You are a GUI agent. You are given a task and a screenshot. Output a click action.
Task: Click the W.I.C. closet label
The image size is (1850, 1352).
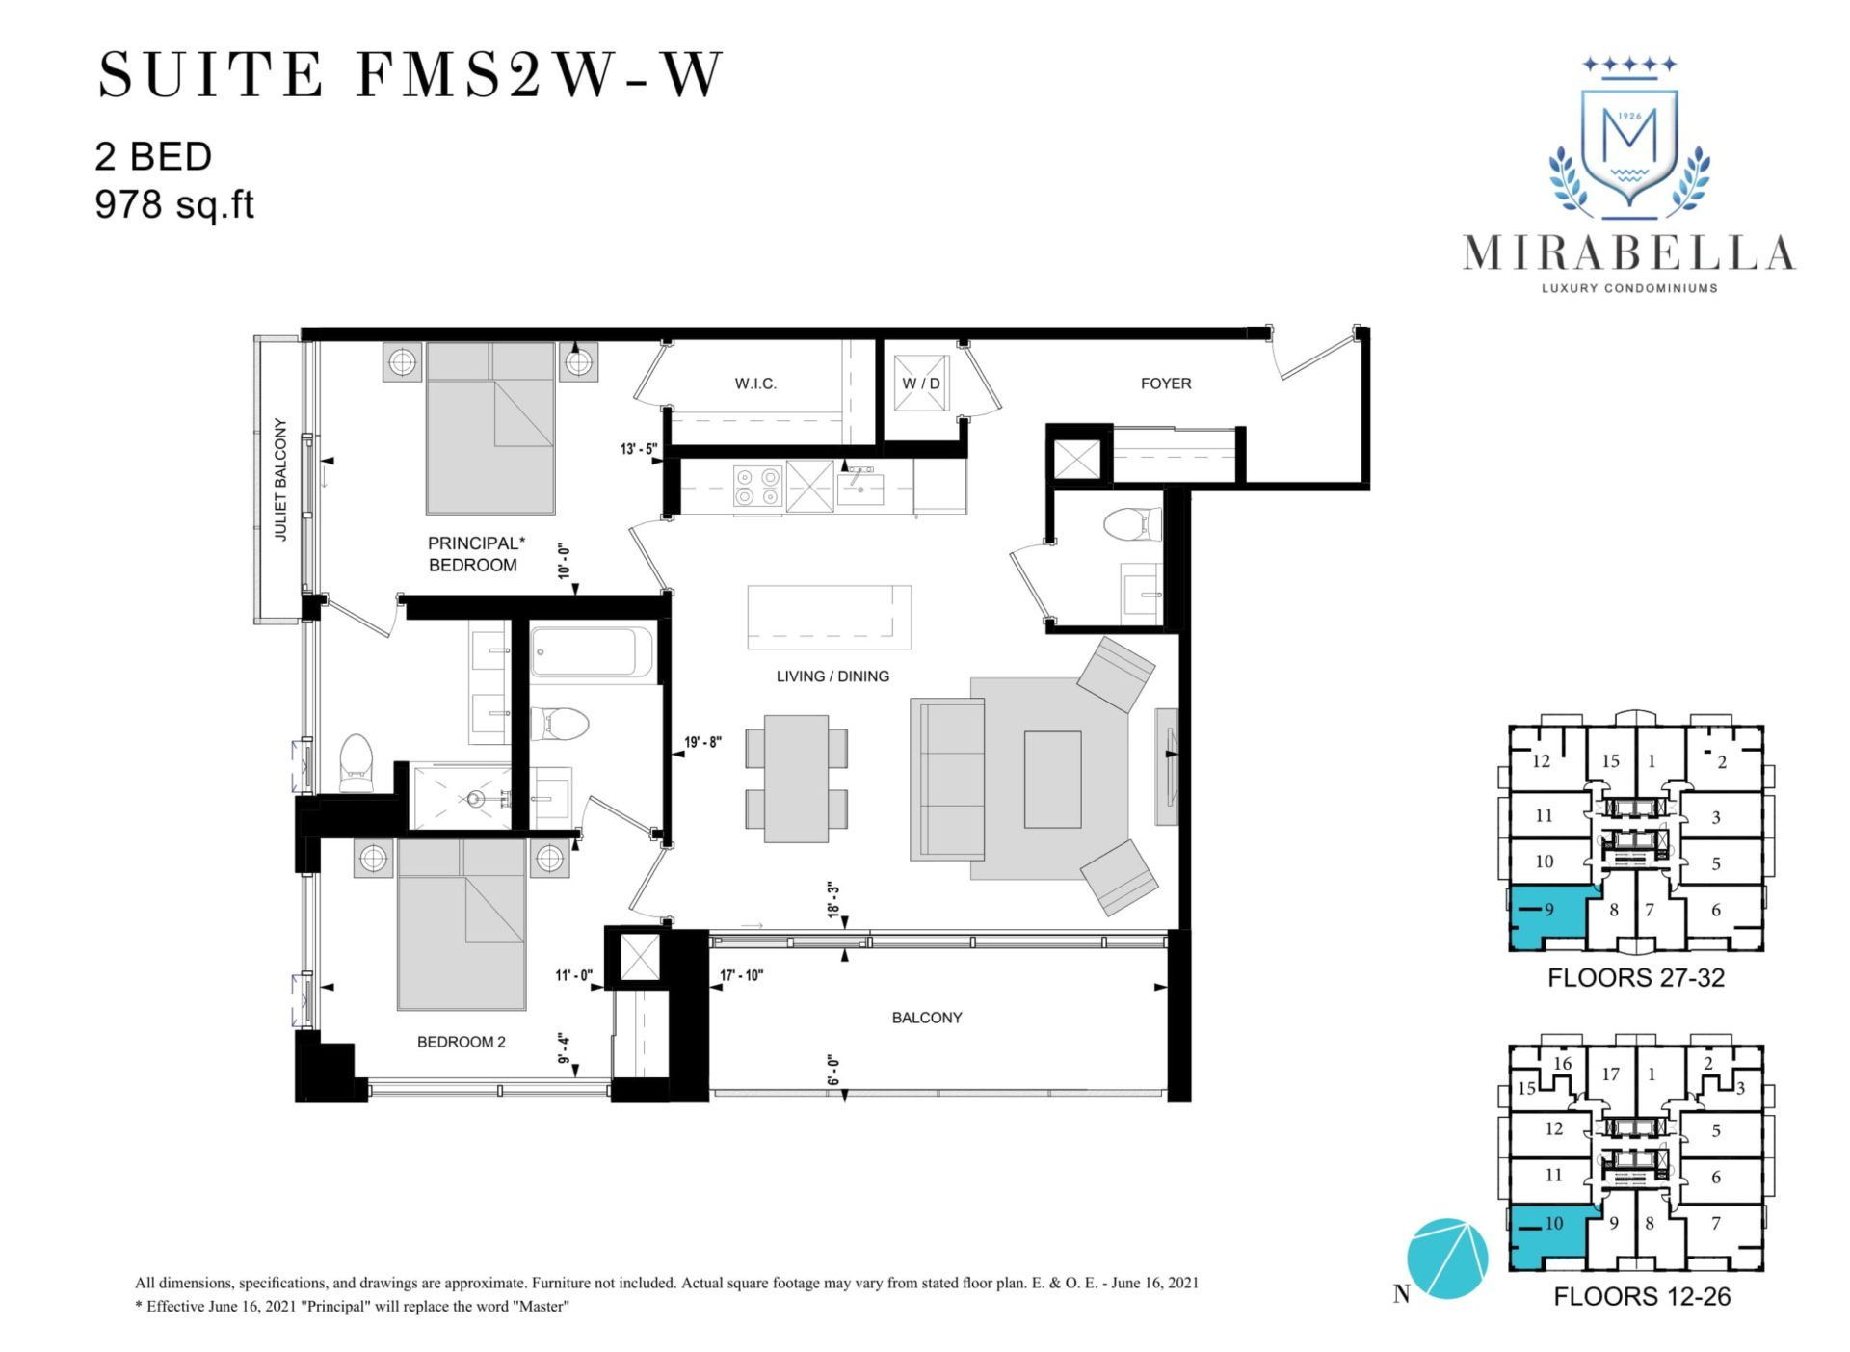[755, 384]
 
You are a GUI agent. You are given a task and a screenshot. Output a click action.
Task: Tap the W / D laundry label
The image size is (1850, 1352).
[920, 384]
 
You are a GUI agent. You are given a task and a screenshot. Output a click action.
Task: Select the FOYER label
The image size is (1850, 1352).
[1166, 384]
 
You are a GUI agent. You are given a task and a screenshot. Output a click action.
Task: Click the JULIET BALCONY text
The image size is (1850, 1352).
[281, 479]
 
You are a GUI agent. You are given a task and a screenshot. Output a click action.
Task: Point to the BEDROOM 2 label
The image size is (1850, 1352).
[461, 1042]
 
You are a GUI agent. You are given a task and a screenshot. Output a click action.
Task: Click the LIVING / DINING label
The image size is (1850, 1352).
[832, 676]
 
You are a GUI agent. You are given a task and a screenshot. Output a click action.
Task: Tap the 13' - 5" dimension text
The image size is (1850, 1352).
[639, 448]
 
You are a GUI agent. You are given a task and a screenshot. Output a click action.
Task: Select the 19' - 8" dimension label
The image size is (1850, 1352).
[703, 742]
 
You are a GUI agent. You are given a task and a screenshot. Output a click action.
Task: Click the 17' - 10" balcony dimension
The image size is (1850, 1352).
[742, 975]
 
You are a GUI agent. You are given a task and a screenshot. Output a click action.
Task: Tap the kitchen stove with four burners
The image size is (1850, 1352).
[758, 486]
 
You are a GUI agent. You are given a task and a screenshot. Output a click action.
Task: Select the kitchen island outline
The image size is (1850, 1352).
[830, 618]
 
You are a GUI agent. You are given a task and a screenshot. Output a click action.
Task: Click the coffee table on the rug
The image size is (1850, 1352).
[1052, 779]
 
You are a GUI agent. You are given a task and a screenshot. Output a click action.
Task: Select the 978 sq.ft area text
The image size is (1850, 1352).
[174, 205]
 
